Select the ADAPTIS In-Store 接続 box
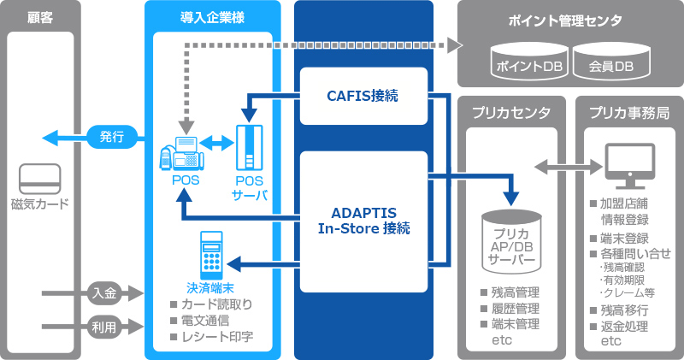point(363,221)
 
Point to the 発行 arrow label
point(111,136)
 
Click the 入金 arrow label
point(104,294)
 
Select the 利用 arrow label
point(104,326)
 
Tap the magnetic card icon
point(40,179)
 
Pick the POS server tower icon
point(251,149)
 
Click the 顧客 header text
point(40,17)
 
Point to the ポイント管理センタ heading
point(566,20)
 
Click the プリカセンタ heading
point(511,113)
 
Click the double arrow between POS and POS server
point(217,144)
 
